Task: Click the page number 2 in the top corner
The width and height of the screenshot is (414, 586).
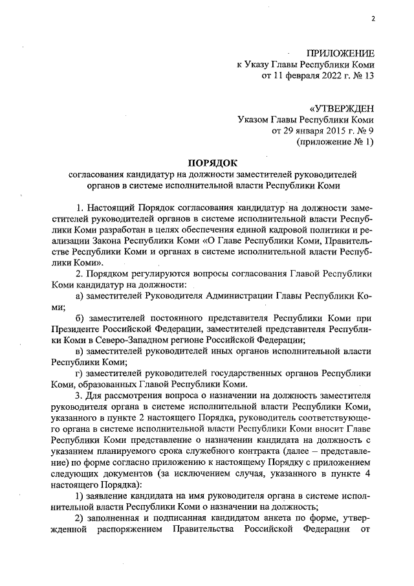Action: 373,18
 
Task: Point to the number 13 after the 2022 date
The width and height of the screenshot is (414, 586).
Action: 369,76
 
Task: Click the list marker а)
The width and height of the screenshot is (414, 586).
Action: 80,296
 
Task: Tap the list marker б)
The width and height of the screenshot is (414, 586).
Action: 80,318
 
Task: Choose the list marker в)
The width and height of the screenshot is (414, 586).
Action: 80,351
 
